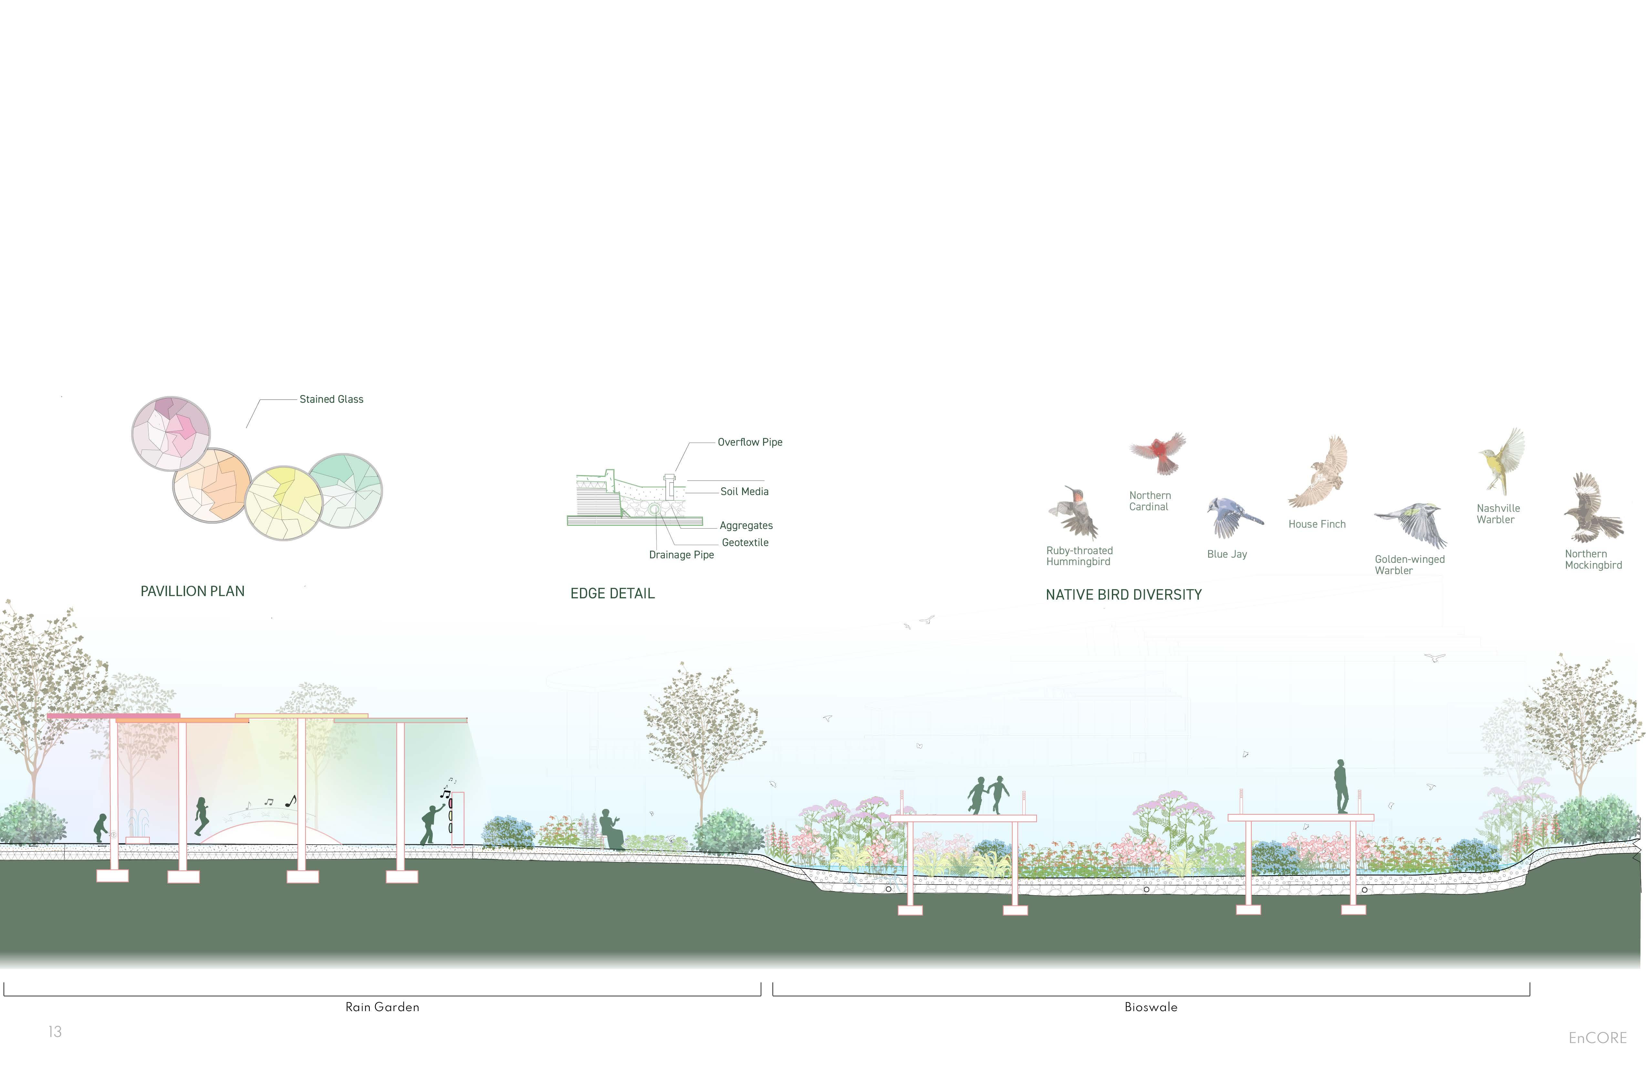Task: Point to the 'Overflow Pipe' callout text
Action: pyautogui.click(x=750, y=442)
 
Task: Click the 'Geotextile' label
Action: pyautogui.click(x=745, y=542)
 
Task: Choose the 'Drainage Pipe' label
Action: pyautogui.click(x=681, y=555)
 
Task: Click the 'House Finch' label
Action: pyautogui.click(x=1316, y=524)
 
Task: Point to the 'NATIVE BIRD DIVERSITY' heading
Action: pyautogui.click(x=1123, y=595)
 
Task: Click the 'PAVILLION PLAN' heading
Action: pyautogui.click(x=192, y=591)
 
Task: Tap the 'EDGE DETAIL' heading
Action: pyautogui.click(x=612, y=593)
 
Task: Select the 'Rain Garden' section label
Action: pyautogui.click(x=382, y=1007)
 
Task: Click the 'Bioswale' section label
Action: pyautogui.click(x=1150, y=1007)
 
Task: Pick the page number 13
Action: pyautogui.click(x=55, y=1032)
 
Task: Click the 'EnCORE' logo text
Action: pyautogui.click(x=1597, y=1038)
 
